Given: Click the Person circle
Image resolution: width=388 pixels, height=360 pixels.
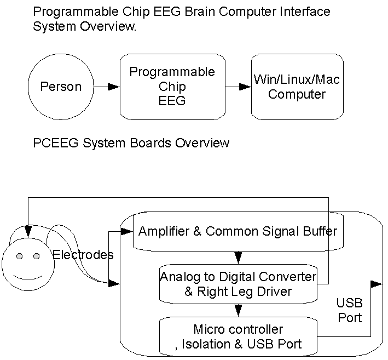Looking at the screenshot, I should [60, 87].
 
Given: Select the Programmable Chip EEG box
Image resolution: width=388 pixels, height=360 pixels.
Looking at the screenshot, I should [172, 87].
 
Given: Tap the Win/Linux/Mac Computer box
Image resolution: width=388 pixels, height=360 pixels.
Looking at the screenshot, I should [297, 87].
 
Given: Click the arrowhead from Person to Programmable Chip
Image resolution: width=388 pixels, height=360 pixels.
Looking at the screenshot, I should [113, 87].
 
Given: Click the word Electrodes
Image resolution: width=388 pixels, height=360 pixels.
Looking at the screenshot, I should [83, 255].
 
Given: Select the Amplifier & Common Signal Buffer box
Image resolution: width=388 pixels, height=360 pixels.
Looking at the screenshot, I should [238, 232].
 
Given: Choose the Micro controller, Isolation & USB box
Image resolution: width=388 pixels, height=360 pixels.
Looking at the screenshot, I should [238, 337].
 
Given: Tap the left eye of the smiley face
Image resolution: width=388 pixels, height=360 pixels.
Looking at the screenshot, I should [19, 256].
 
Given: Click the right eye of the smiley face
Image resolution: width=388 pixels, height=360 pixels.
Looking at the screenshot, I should [37, 256].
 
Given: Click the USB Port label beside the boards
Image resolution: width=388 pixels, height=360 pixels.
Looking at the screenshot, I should [349, 311].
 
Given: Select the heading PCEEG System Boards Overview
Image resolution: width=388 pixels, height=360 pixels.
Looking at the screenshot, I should [131, 144].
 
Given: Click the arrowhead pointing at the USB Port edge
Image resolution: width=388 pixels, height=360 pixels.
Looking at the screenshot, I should [376, 284].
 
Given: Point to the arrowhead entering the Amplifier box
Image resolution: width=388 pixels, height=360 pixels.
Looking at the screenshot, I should [130, 232].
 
